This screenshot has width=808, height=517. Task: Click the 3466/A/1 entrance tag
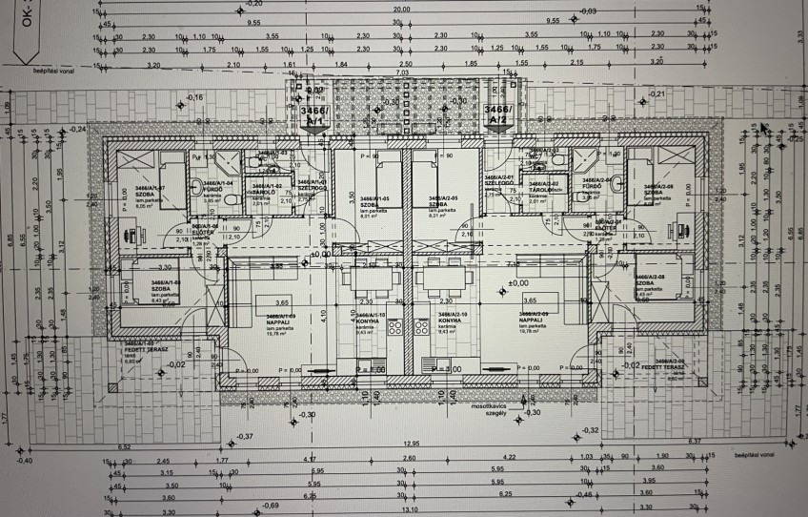313,115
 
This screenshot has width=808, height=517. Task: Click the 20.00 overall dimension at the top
400,9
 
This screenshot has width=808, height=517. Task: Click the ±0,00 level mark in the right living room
518,282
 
